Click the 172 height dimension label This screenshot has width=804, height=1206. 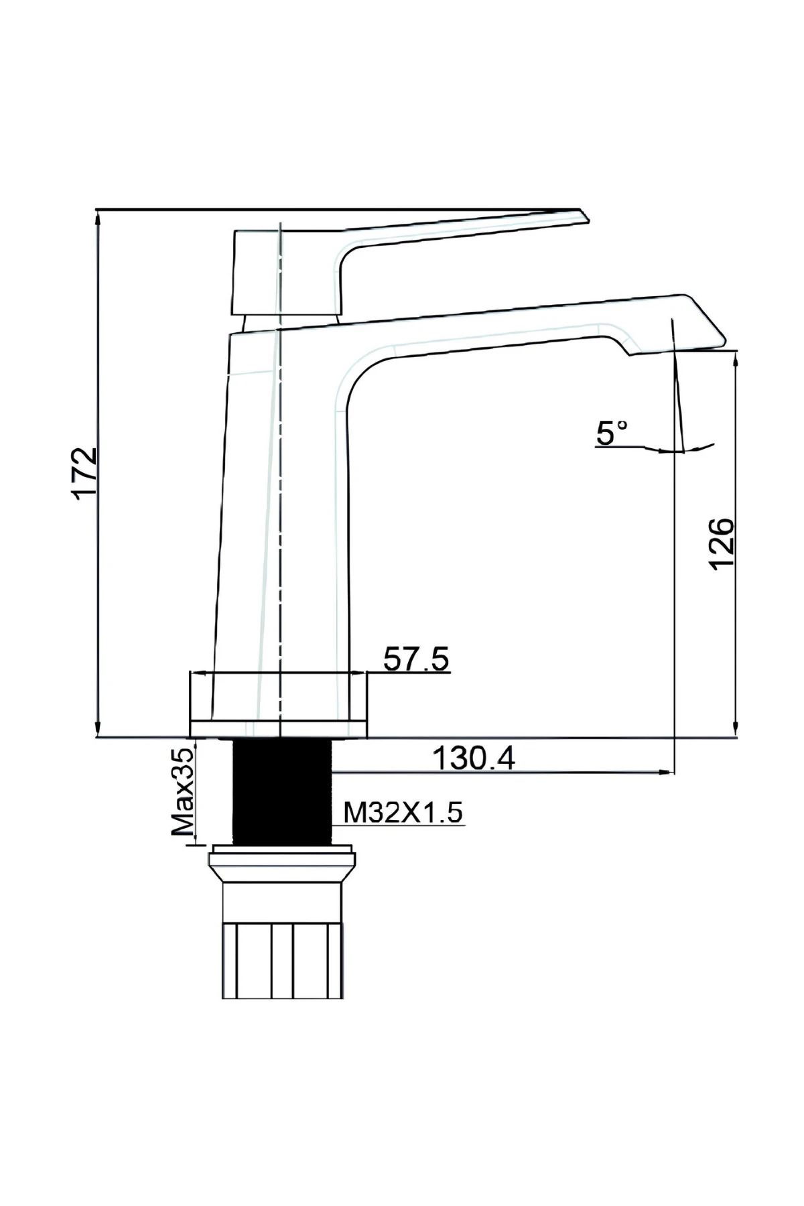(85, 473)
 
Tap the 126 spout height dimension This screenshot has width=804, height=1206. (722, 542)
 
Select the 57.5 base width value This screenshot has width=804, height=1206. (415, 659)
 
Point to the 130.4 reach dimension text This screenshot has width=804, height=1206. (474, 758)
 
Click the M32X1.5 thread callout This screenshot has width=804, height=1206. (403, 813)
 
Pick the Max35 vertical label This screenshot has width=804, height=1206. (182, 792)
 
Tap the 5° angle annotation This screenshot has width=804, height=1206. (612, 433)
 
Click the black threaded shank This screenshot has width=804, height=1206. (282, 792)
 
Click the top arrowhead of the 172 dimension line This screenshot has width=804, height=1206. (98, 216)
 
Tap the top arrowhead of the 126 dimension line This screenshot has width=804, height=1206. (736, 355)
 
